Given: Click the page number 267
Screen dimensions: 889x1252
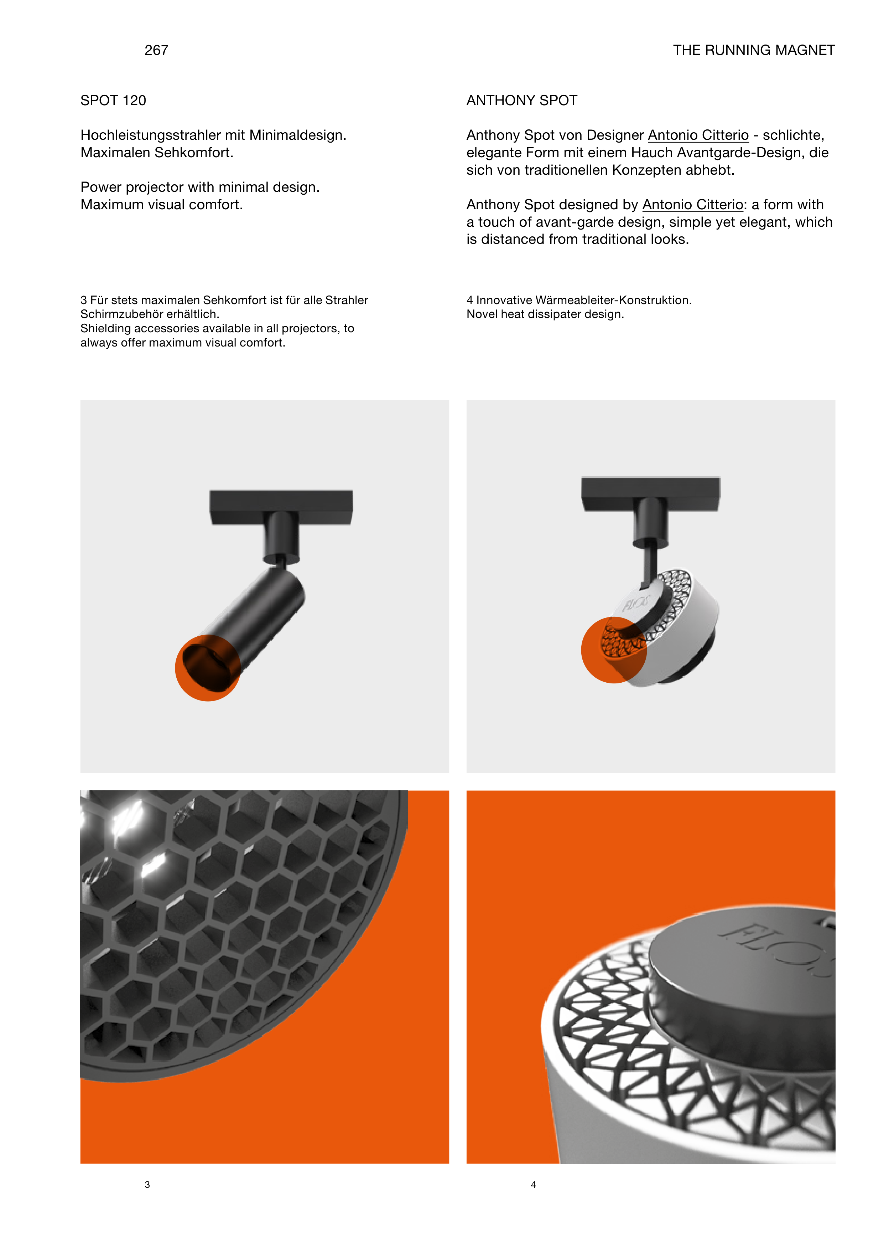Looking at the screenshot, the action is coord(156,50).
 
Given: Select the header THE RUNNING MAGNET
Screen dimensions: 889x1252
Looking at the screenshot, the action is coord(754,50).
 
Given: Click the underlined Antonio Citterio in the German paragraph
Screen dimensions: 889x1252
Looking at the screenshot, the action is coord(698,135).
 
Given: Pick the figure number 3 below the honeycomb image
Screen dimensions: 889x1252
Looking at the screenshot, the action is coord(147,1185).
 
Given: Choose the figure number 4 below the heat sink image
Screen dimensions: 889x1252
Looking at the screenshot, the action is coord(533,1185).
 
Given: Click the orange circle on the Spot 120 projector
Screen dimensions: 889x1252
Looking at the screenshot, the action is coord(208,668).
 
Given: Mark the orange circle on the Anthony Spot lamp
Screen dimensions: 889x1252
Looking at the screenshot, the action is coord(614,650).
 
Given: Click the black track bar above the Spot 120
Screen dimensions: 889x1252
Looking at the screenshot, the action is coord(281,507).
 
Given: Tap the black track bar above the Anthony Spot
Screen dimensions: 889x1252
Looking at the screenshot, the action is coord(651,494).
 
